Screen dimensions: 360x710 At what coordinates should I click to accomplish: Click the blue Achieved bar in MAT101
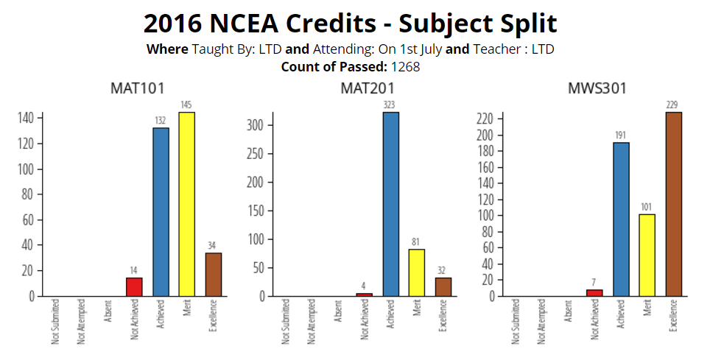coord(161,212)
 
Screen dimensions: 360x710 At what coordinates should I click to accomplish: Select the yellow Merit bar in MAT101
coord(187,204)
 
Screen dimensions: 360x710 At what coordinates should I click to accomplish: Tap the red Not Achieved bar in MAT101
coord(134,286)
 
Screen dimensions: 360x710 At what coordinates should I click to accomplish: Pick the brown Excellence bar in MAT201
coord(443,286)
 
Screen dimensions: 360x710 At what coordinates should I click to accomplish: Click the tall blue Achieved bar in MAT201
coord(390,204)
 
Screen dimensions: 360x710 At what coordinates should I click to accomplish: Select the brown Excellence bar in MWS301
coord(674,204)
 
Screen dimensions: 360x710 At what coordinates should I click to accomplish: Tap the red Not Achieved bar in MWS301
coord(594,292)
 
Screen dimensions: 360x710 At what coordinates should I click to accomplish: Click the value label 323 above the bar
coord(390,105)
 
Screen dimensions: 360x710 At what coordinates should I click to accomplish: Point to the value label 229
coord(674,105)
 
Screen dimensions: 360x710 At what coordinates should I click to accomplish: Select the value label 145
coord(187,105)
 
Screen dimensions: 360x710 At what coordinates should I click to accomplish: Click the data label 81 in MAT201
coord(417,242)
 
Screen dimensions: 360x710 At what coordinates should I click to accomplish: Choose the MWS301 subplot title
coord(597,89)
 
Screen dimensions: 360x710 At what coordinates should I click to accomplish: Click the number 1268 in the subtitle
coord(405,66)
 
